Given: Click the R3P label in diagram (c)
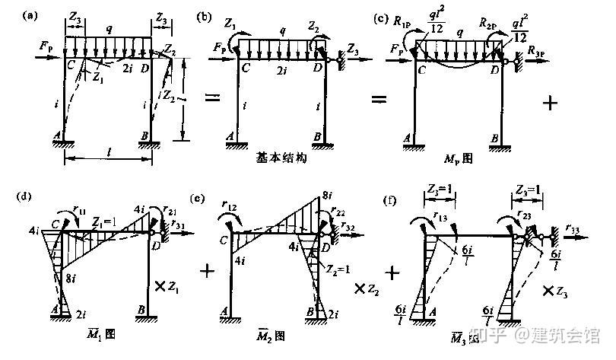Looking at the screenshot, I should click(541, 50).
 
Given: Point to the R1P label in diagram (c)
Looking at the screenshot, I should click(407, 23).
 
